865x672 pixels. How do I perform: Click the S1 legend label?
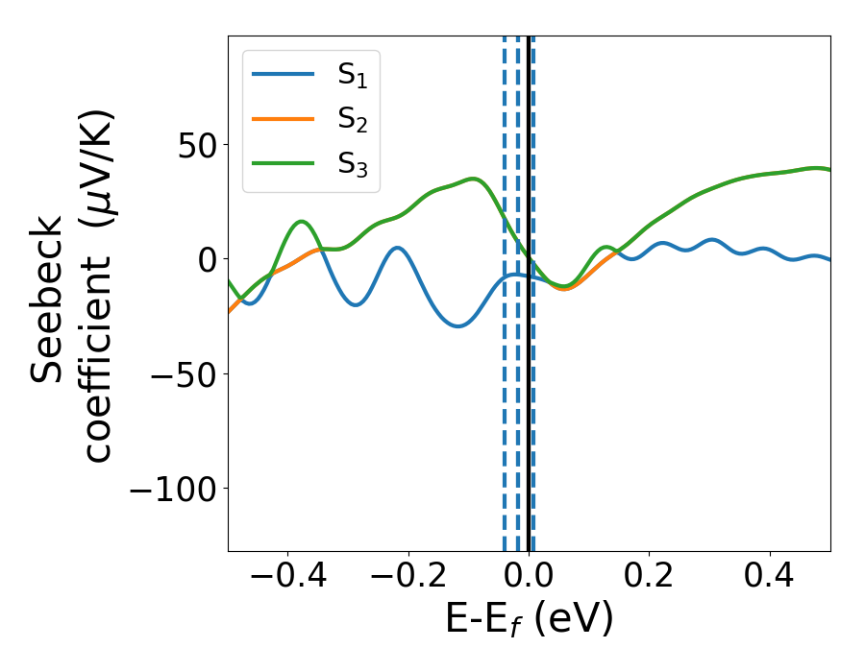[x=353, y=76]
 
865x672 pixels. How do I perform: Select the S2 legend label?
[x=353, y=120]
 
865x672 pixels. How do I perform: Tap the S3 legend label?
[x=353, y=164]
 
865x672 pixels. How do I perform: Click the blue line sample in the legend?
[x=283, y=74]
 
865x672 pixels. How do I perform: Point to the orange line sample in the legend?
[x=283, y=118]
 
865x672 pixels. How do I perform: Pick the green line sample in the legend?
[x=283, y=162]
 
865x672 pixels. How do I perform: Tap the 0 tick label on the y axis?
[x=205, y=259]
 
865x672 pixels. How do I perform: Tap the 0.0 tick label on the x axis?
[x=530, y=581]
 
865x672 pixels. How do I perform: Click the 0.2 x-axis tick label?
[x=650, y=581]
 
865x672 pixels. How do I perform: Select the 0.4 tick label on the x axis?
[x=770, y=581]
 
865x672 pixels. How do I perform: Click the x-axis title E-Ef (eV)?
[x=529, y=621]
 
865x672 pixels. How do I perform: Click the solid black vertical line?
[x=529, y=384]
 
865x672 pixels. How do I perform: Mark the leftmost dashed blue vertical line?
[x=505, y=384]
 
